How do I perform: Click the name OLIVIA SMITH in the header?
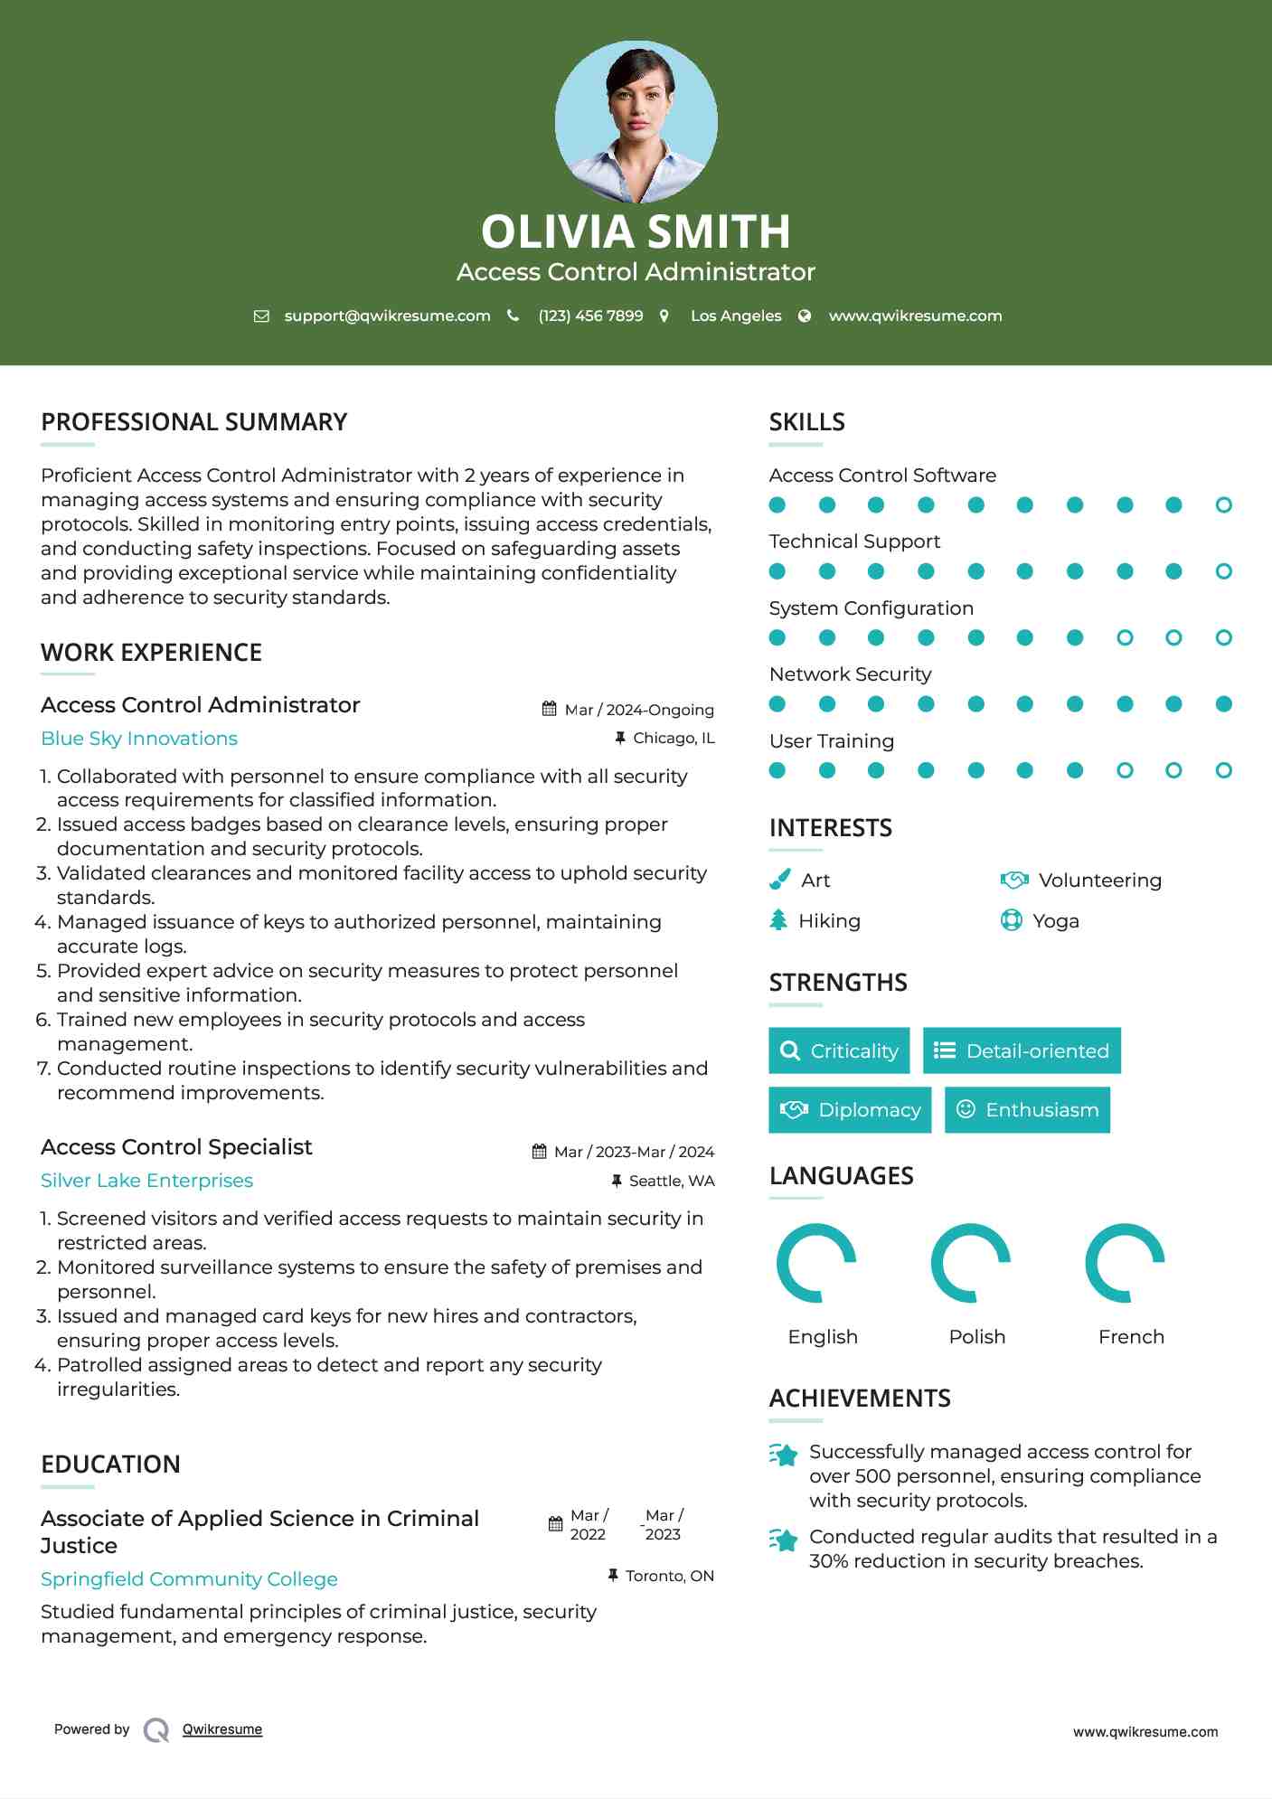click(x=636, y=231)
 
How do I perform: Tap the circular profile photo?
click(x=636, y=121)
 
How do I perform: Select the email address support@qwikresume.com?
click(x=387, y=316)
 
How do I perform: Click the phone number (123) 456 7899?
click(x=590, y=316)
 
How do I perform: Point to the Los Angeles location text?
click(x=736, y=316)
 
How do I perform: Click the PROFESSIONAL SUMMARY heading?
click(x=194, y=422)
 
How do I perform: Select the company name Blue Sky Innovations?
click(x=139, y=739)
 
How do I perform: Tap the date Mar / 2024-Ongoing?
click(x=638, y=710)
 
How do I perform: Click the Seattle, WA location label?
click(x=671, y=1181)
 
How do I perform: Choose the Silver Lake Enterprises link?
click(x=146, y=1181)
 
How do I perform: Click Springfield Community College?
click(x=189, y=1579)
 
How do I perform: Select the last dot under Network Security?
click(x=1223, y=704)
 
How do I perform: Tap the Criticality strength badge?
click(x=839, y=1050)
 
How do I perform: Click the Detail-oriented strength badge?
click(x=1022, y=1050)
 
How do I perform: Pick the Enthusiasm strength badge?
click(x=1027, y=1110)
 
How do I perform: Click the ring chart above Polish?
click(x=970, y=1263)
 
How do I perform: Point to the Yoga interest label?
click(x=1056, y=921)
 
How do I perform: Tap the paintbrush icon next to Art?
click(x=779, y=880)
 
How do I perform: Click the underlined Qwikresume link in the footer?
click(x=222, y=1729)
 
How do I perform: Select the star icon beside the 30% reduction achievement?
click(x=784, y=1540)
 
